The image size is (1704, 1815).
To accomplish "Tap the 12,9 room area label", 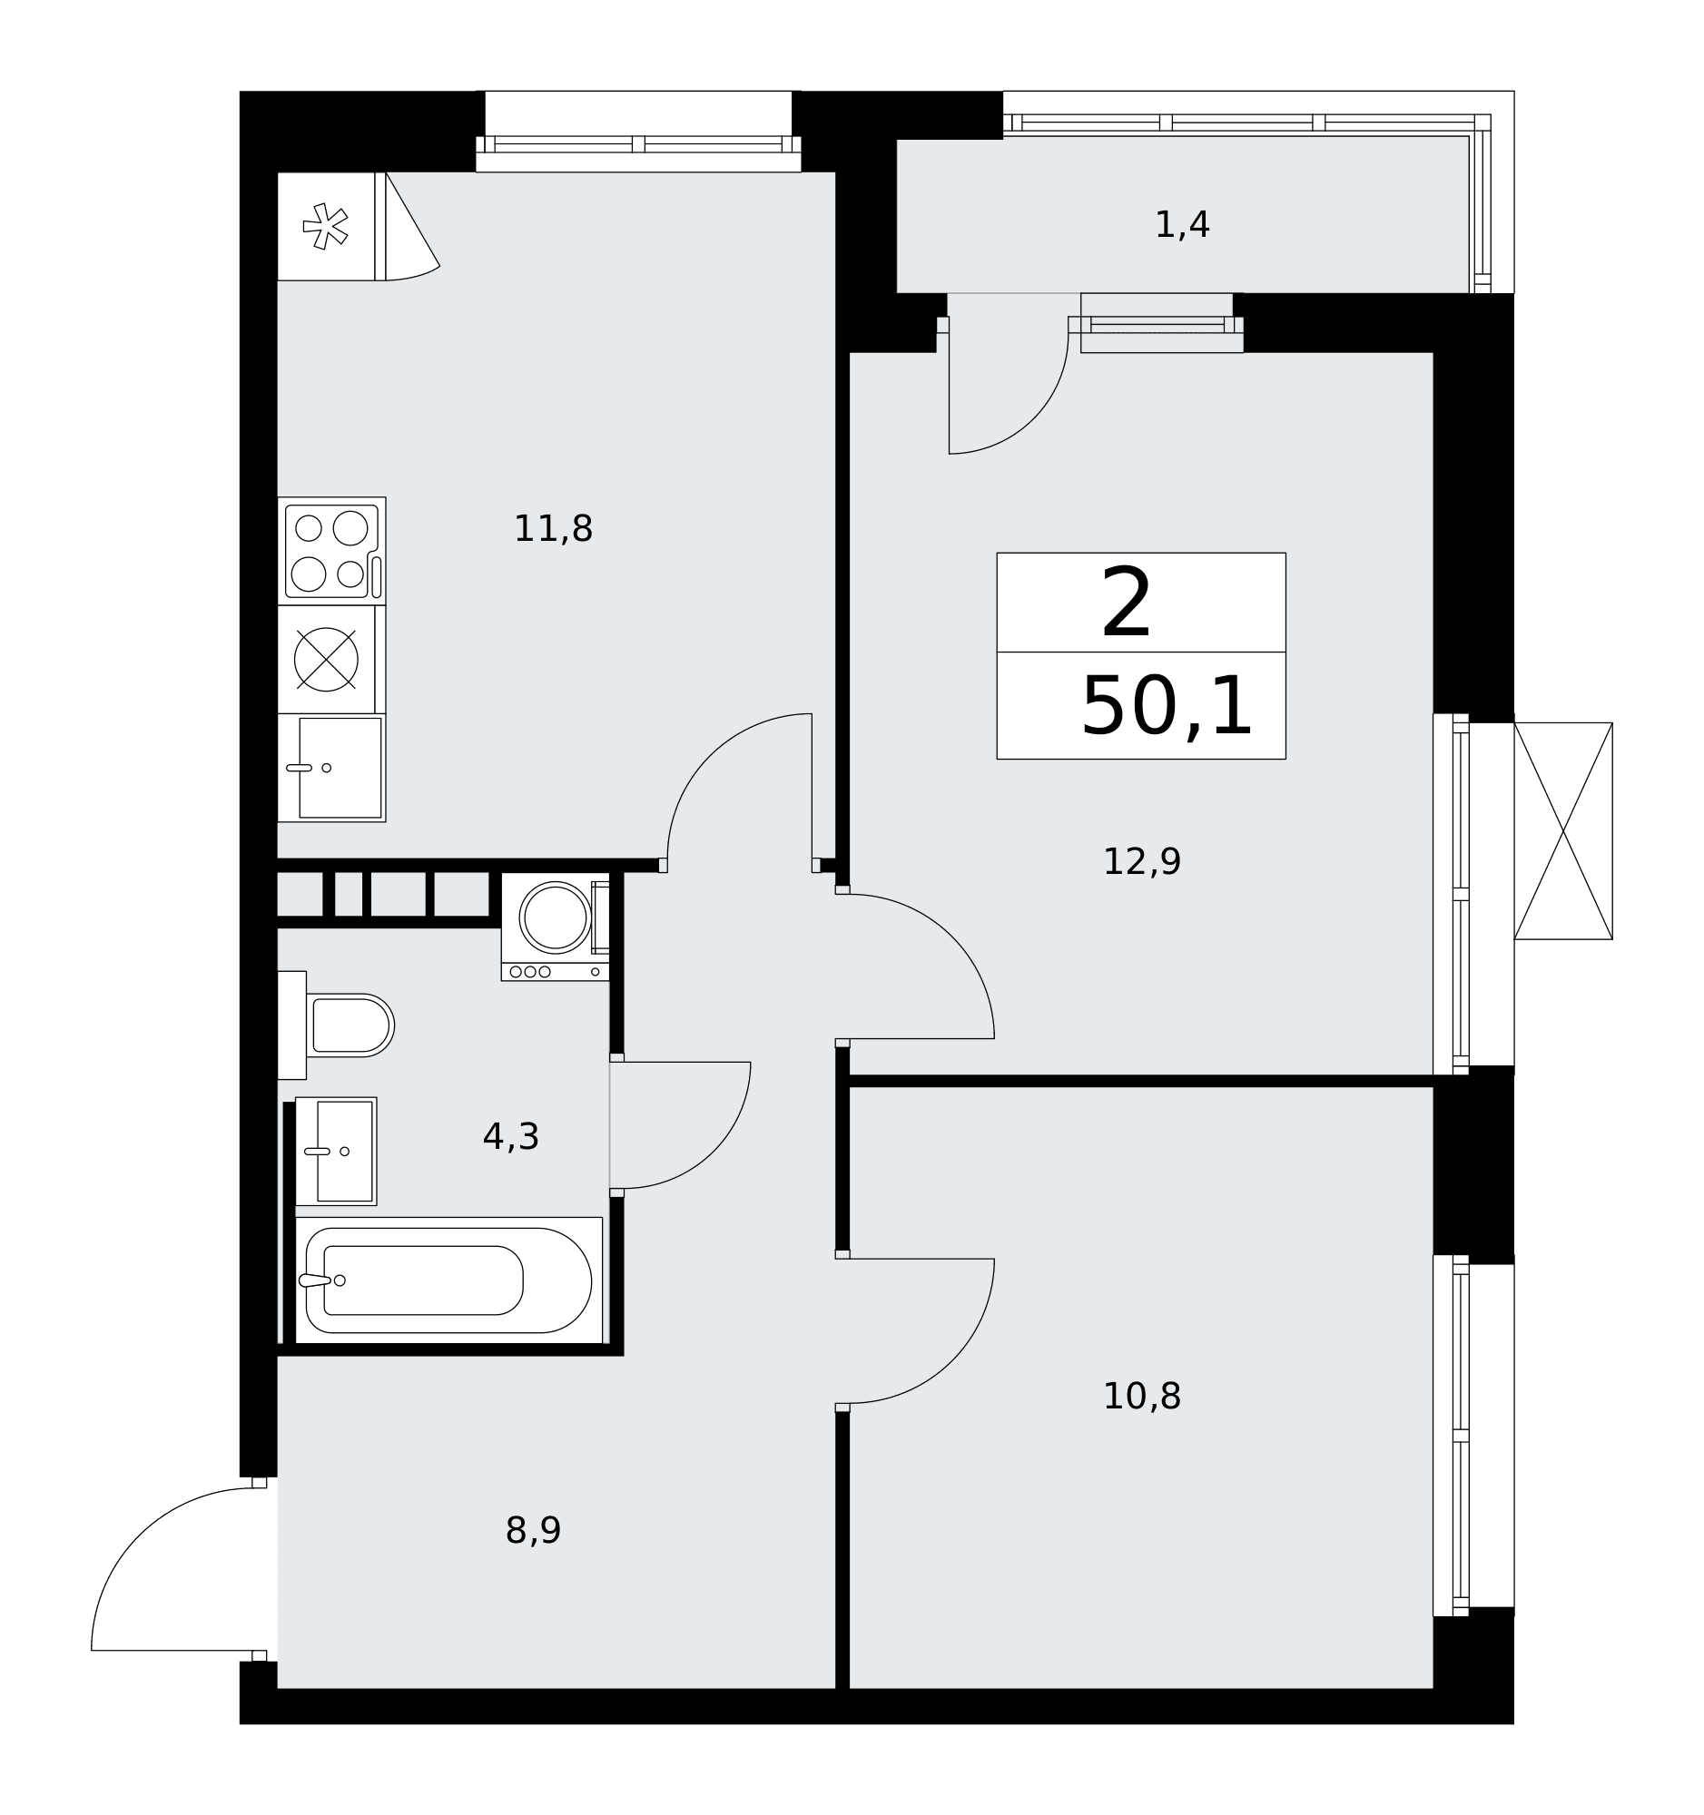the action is (x=1141, y=862).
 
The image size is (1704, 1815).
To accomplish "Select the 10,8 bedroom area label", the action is (x=1141, y=1397).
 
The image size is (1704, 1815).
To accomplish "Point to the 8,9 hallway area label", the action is (x=533, y=1531).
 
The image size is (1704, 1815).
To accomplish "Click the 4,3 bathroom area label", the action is (x=510, y=1138).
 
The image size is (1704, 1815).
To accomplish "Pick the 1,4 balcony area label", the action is (x=1183, y=224).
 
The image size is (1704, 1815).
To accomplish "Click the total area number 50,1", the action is (x=1167, y=707).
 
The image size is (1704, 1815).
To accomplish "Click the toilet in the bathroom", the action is (x=336, y=1025).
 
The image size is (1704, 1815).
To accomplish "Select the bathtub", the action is (x=448, y=1280).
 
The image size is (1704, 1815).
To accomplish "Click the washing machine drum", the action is (x=556, y=917).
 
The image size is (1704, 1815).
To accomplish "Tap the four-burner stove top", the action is (x=331, y=552).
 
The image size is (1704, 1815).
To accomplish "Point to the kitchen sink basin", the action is (x=340, y=768).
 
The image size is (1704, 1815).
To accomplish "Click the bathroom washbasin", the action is (x=336, y=1152).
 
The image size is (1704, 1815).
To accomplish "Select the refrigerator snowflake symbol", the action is (x=325, y=226).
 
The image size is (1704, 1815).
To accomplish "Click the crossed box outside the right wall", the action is (x=1563, y=830).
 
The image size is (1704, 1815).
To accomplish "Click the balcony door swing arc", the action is (x=1034, y=419).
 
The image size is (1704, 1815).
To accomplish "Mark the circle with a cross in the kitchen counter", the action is (x=326, y=659).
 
